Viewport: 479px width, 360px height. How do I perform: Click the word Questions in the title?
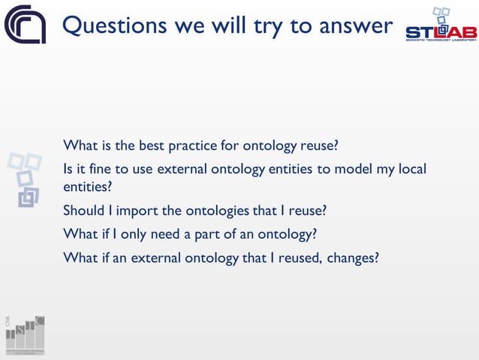pyautogui.click(x=113, y=26)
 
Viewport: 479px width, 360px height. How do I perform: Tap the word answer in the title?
pyautogui.click(x=354, y=26)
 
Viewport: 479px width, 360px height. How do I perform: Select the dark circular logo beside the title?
pyautogui.click(x=25, y=25)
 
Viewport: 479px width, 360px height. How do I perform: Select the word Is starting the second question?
pyautogui.click(x=68, y=169)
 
